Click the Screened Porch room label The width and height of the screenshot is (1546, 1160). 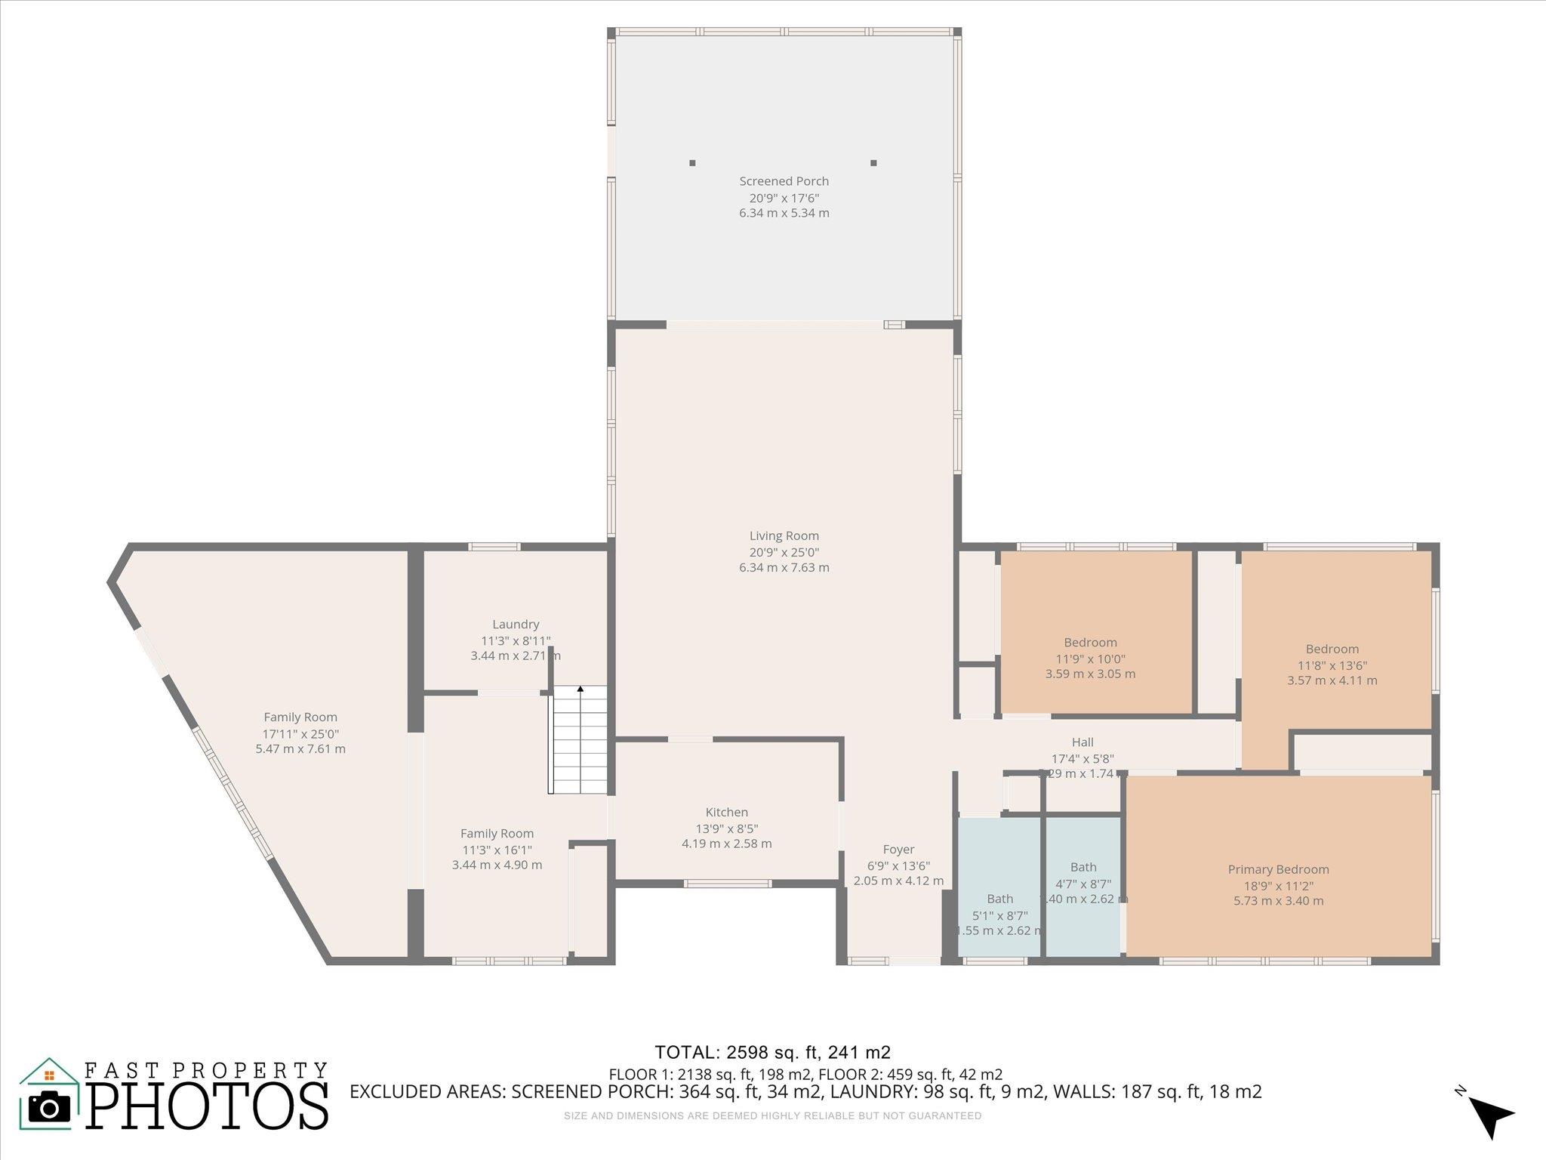[x=784, y=181]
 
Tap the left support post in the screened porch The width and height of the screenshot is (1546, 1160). [x=692, y=162]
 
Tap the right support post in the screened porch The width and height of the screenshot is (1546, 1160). [x=873, y=162]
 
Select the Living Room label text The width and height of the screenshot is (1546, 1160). [x=784, y=536]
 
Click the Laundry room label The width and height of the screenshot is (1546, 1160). [x=516, y=625]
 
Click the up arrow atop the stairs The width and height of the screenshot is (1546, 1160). [x=580, y=690]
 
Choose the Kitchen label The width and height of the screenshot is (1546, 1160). [x=726, y=813]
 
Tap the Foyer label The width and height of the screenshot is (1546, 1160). [x=898, y=850]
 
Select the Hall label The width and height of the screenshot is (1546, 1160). [x=1082, y=742]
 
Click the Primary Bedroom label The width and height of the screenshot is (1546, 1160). [x=1278, y=870]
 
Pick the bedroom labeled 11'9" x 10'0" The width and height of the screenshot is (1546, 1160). [x=1090, y=643]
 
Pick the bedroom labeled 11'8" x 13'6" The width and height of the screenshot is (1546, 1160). [x=1332, y=649]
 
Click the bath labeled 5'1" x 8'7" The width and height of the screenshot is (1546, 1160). [x=999, y=899]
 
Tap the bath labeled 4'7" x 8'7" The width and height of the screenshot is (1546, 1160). [x=1083, y=867]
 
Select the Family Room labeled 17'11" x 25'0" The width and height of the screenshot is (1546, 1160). [x=300, y=717]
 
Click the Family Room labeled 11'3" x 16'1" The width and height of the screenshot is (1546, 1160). [x=497, y=834]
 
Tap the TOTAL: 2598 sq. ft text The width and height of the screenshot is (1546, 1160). [x=771, y=1052]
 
